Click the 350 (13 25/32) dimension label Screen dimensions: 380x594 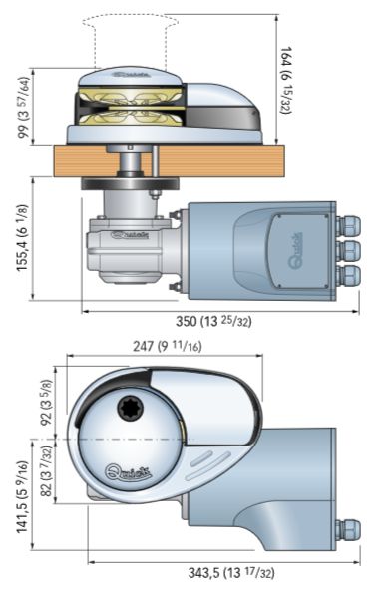[213, 322]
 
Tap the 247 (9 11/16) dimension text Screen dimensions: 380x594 [168, 346]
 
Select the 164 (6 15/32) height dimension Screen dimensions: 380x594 [285, 81]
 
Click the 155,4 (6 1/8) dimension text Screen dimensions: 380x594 [23, 237]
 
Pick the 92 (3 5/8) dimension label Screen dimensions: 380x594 [46, 402]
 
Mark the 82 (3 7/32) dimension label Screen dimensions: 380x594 [46, 470]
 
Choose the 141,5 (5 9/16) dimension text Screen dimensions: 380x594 [23, 497]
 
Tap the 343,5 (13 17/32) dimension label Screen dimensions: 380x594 [231, 572]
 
